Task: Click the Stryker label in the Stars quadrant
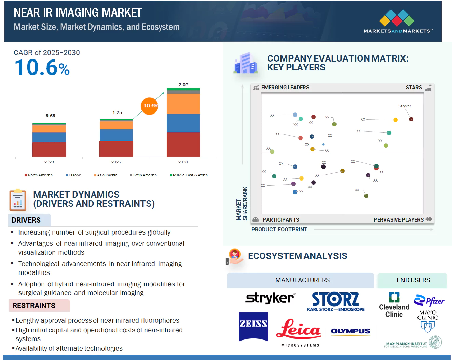point(405,106)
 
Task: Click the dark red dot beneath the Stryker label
point(411,119)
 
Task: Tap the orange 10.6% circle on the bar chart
point(150,106)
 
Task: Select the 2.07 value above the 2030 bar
point(183,85)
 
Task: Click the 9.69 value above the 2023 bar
point(50,116)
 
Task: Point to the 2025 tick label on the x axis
point(116,162)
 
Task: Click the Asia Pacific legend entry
point(106,175)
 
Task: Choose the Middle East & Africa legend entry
point(189,175)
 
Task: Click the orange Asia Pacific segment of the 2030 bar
point(183,104)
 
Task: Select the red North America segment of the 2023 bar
point(49,149)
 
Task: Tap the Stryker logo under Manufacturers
point(270,298)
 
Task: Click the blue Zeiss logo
point(253,326)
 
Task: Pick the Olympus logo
point(350,331)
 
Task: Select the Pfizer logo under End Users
point(429,301)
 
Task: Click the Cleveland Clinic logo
point(394,305)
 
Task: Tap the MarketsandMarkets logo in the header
point(398,21)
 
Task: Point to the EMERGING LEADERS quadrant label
point(285,88)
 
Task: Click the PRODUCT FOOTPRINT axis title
point(279,230)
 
